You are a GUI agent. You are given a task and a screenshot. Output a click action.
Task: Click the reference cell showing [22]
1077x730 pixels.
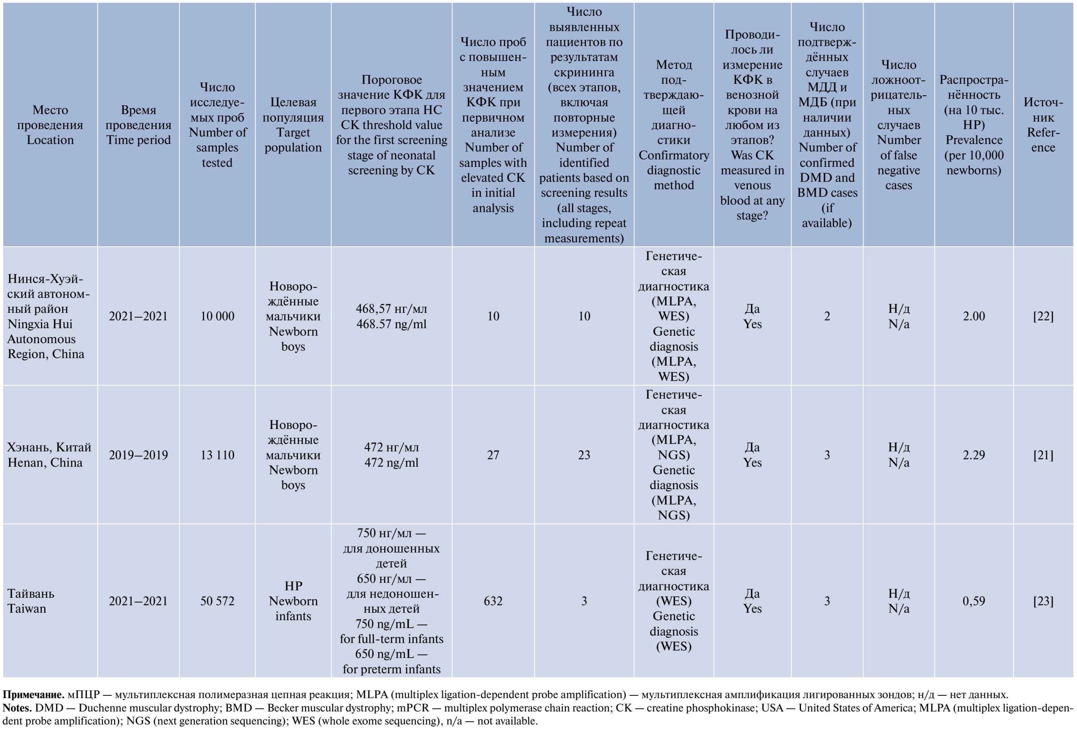(x=1043, y=316)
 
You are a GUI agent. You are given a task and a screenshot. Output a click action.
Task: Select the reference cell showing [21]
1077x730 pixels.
(x=1043, y=455)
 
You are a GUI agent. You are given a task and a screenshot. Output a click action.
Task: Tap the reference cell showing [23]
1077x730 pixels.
(x=1043, y=601)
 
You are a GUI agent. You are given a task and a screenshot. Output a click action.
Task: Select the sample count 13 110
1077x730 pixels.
(x=217, y=455)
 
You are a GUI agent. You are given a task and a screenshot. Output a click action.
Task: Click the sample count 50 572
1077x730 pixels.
(x=217, y=601)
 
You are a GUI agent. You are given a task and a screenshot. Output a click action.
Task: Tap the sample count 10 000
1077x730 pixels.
(x=217, y=316)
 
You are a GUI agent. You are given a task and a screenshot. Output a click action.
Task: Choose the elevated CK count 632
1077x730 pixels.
(x=493, y=601)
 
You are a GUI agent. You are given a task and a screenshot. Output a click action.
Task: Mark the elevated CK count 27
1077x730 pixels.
(x=493, y=455)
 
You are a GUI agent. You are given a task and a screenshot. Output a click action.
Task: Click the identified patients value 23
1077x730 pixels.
(x=584, y=455)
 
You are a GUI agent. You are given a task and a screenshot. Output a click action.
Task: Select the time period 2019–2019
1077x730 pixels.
(x=138, y=455)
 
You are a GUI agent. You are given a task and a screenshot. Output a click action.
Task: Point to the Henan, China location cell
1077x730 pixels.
(x=49, y=455)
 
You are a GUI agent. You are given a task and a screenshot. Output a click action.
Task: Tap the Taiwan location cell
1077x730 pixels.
(x=31, y=601)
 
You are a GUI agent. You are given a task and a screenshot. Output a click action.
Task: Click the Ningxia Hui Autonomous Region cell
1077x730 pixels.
(x=48, y=316)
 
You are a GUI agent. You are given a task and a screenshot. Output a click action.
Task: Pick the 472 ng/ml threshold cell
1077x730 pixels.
(x=391, y=455)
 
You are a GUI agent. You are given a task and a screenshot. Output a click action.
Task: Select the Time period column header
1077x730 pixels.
(x=138, y=125)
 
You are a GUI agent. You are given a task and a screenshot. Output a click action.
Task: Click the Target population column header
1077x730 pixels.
(x=293, y=125)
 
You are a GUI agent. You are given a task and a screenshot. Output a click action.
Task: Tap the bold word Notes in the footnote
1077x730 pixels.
(x=17, y=708)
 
